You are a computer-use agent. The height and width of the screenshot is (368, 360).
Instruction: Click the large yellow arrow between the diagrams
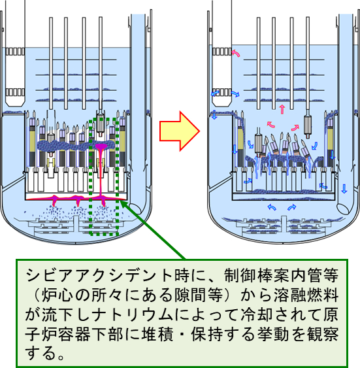point(180,131)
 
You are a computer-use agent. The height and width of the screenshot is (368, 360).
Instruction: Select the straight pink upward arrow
point(282,109)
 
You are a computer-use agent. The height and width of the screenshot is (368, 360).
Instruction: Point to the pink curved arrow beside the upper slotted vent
point(236,53)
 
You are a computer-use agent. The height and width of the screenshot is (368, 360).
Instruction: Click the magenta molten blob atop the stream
point(101,146)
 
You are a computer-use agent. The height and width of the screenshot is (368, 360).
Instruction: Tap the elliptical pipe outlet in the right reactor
point(343,209)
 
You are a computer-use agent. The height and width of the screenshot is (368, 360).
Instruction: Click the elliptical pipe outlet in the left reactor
point(135,208)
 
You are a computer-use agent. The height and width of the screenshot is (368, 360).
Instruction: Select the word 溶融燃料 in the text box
point(306,295)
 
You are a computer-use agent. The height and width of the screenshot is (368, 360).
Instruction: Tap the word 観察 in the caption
point(323,334)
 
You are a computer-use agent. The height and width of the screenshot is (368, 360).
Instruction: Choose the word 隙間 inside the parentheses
point(191,295)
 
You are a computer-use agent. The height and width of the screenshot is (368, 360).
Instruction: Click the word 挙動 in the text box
point(273,334)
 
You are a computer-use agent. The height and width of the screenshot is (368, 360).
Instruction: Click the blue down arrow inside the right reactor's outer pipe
point(344,189)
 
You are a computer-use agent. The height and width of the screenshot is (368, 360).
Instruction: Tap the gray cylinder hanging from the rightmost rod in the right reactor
point(308,125)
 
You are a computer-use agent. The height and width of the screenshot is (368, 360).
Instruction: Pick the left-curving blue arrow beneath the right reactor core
point(272,207)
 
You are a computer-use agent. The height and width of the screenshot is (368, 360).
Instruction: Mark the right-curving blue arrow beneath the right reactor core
point(291,207)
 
